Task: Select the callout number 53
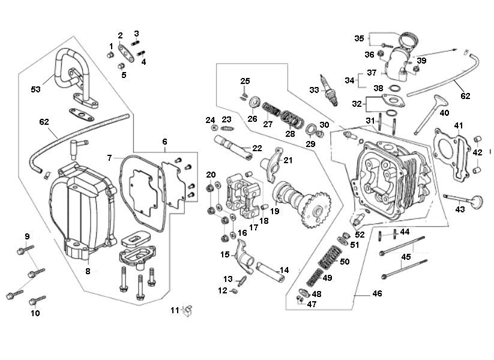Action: click(x=37, y=89)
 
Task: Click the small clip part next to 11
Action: click(x=187, y=310)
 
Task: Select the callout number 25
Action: click(x=245, y=81)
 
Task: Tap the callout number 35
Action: click(x=359, y=38)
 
